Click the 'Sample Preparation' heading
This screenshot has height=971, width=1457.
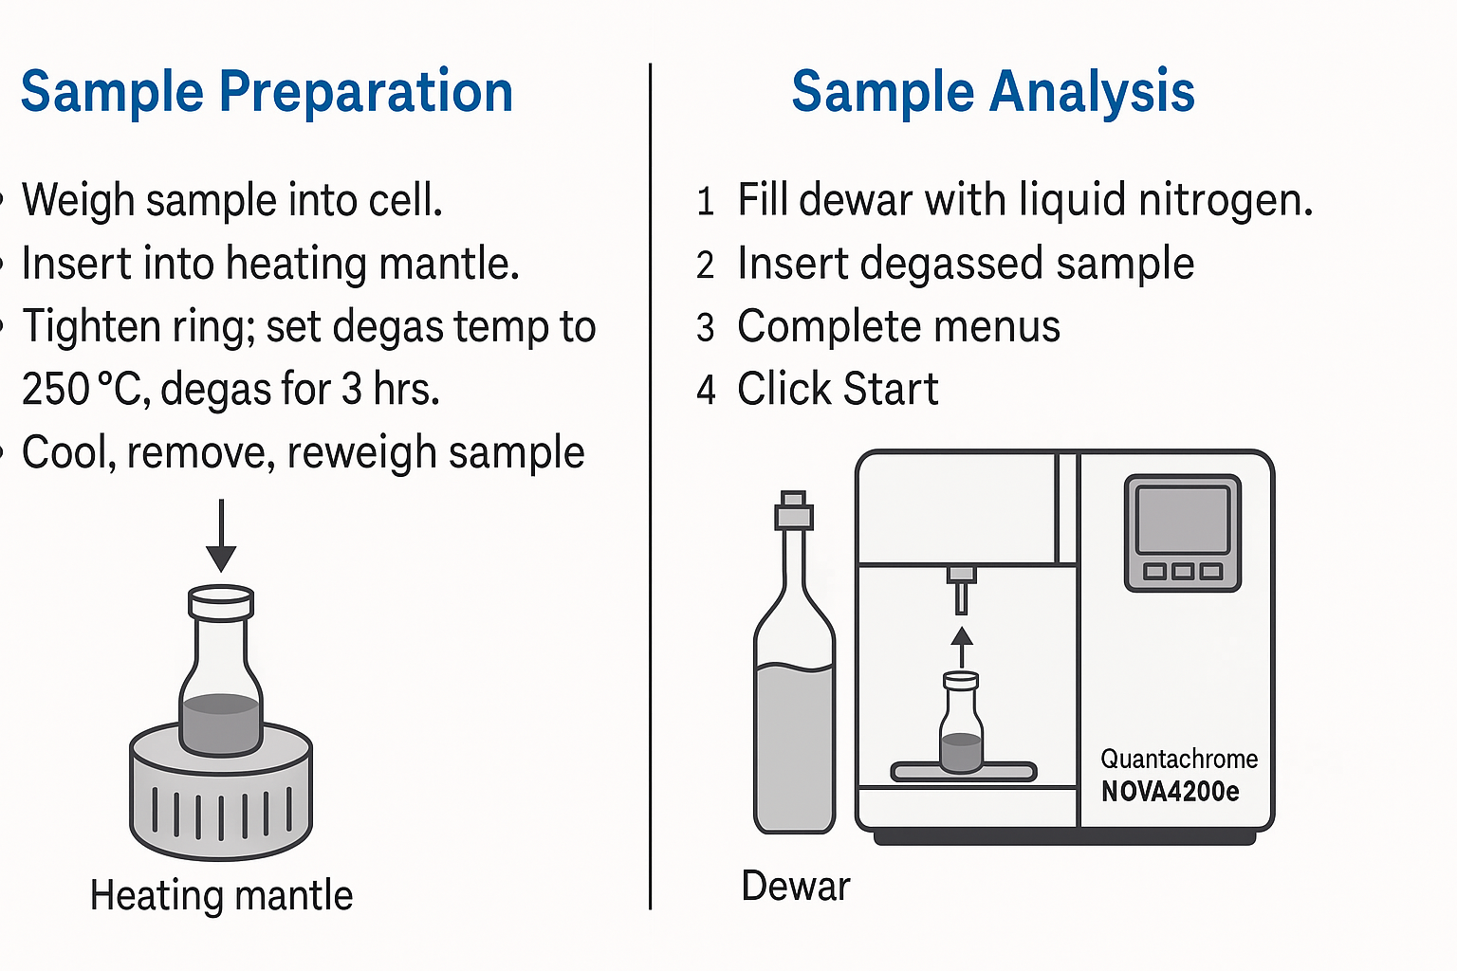point(267,92)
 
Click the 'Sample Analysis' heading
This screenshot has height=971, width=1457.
point(993,92)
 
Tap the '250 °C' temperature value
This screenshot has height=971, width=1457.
point(82,389)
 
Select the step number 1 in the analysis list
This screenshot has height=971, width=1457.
point(706,201)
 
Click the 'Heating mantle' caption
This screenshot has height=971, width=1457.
point(222,895)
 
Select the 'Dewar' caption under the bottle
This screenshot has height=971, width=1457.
point(796,886)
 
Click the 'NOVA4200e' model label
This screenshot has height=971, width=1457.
point(1171,792)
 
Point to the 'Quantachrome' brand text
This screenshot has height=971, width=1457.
point(1179,759)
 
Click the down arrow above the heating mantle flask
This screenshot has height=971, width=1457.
point(221,535)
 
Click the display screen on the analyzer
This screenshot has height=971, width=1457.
point(1183,521)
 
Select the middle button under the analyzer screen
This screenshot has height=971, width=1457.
point(1183,572)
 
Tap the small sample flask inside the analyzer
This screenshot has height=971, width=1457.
point(961,722)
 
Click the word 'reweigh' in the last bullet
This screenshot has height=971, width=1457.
point(361,453)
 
